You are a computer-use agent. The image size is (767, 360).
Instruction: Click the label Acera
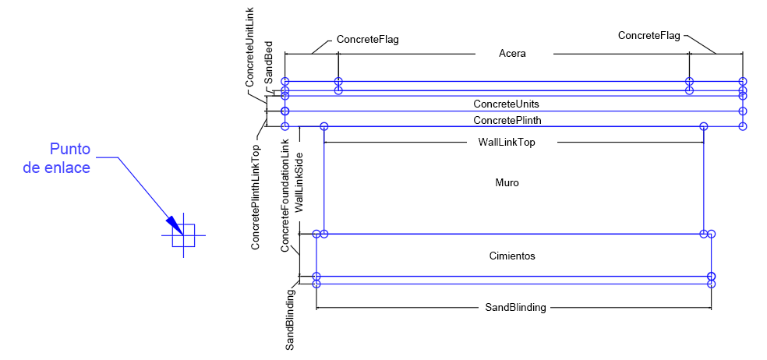[512, 54]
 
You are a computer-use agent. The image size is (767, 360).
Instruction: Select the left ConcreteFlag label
[367, 39]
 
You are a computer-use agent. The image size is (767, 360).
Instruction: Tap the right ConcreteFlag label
[649, 35]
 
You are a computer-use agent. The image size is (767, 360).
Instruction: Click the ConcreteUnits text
[506, 104]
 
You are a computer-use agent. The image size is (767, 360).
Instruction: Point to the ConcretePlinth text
[507, 120]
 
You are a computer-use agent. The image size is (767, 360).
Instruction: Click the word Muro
[507, 183]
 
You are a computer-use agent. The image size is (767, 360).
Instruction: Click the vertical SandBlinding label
[290, 319]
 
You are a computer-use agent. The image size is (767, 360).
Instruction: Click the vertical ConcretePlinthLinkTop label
[256, 196]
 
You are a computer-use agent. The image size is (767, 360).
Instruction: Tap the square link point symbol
[183, 235]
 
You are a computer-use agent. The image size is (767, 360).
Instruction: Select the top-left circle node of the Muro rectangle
[324, 126]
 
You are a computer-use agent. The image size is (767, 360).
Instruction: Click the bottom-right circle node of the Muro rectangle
[703, 234]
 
